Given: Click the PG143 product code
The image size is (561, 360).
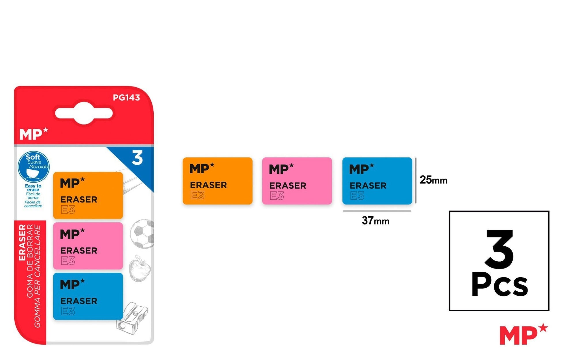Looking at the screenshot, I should [126, 97].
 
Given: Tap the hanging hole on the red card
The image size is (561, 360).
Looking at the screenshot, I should [84, 113].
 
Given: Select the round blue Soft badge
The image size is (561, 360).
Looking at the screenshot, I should [33, 167].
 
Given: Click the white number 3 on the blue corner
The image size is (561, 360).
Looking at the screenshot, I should [137, 158].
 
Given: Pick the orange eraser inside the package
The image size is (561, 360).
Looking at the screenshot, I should [88, 195].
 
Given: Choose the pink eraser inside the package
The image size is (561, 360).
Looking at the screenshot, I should [88, 246].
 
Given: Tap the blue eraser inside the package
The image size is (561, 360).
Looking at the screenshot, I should [88, 296].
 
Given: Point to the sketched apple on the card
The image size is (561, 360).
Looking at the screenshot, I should [140, 268].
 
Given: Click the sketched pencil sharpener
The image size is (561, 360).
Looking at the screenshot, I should [132, 318].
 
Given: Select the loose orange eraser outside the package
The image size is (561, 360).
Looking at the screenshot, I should [217, 181].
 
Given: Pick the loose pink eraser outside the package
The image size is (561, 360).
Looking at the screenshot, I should [297, 181].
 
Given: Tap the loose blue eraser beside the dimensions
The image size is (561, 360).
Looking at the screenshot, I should [377, 181].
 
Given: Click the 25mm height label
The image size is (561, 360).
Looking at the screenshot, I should [433, 180].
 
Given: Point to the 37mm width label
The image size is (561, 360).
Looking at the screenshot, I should [375, 221].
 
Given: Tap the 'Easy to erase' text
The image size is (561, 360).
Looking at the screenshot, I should [33, 187].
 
